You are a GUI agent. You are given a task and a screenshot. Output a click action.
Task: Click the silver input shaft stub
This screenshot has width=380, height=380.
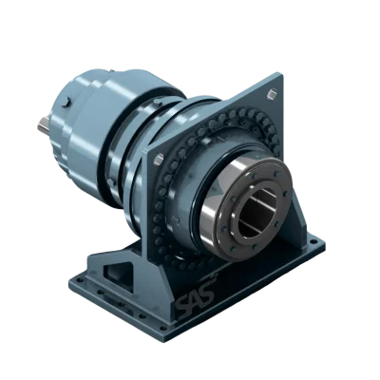pos(44,124)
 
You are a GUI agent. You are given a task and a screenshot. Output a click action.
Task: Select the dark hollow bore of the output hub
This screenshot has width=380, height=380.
pos(257,212)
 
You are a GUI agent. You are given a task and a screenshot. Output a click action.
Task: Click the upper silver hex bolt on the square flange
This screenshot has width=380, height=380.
pos(272,94)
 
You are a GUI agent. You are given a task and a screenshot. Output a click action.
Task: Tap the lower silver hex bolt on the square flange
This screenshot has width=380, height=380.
pos(159,159)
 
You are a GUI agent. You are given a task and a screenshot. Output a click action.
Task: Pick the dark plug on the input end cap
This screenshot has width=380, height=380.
pos(66,102)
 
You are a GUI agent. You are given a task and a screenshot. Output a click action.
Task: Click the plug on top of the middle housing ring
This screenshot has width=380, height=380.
pos(158,103)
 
